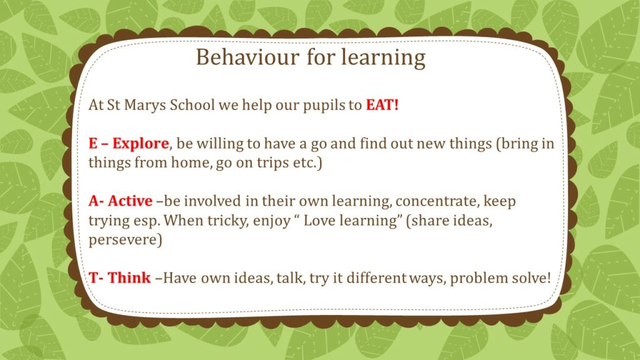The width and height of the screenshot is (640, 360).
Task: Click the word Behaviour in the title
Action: (247, 57)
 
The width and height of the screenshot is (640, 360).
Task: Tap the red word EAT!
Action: (382, 105)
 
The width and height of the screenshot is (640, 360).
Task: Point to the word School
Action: (192, 105)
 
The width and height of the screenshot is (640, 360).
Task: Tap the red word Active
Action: (130, 201)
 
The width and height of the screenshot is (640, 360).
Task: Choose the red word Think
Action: (129, 277)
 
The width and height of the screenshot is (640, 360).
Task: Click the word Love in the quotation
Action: (319, 221)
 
